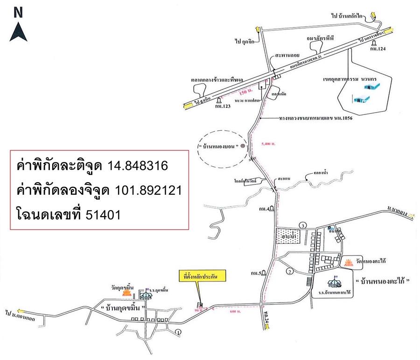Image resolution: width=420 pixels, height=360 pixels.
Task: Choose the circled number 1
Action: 177,332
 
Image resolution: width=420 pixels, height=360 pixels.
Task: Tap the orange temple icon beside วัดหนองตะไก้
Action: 348,263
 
